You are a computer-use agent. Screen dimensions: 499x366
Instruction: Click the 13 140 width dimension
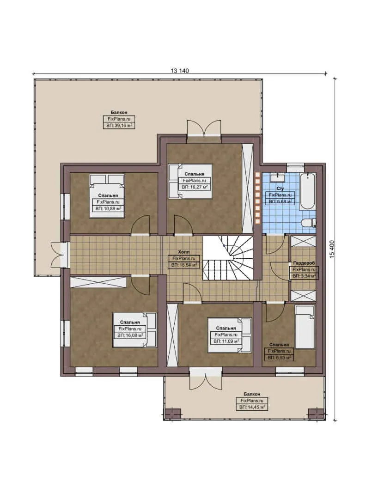click(180, 70)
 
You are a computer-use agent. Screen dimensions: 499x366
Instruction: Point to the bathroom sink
click(279, 176)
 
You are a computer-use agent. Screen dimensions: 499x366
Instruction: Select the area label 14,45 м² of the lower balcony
click(252, 408)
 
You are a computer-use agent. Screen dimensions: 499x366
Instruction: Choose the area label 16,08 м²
click(130, 335)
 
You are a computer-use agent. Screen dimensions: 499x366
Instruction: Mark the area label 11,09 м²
click(226, 341)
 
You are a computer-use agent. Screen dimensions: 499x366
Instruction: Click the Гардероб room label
click(303, 262)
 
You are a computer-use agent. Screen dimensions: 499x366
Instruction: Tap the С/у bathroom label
click(280, 189)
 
